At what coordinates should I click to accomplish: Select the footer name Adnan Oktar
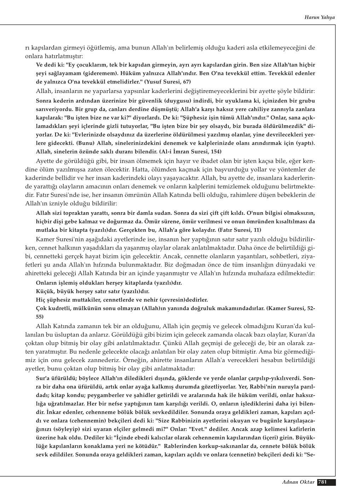click(298, 482)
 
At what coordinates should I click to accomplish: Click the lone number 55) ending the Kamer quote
click(40, 317)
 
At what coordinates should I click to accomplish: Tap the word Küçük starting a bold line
click(44, 292)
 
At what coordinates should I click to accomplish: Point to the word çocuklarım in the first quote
click(91, 65)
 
